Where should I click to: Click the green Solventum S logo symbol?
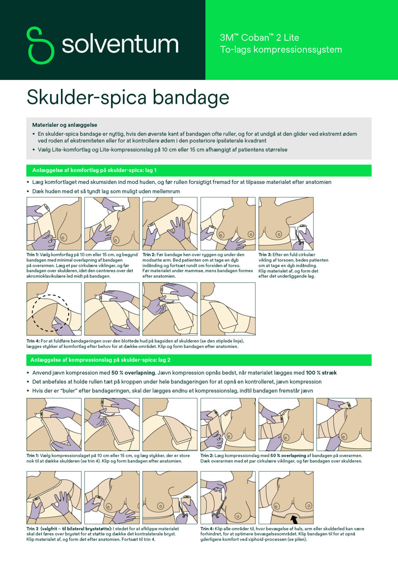[x=40, y=45]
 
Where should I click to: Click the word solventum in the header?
[x=120, y=45]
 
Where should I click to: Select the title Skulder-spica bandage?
[x=128, y=97]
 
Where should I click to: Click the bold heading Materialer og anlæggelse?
[x=65, y=125]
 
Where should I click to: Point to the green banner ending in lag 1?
[x=199, y=170]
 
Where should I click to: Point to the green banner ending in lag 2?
[x=199, y=360]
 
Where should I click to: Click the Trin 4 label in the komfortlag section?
[x=33, y=340]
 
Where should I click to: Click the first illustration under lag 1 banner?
[x=54, y=223]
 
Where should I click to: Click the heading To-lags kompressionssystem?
[x=281, y=50]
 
